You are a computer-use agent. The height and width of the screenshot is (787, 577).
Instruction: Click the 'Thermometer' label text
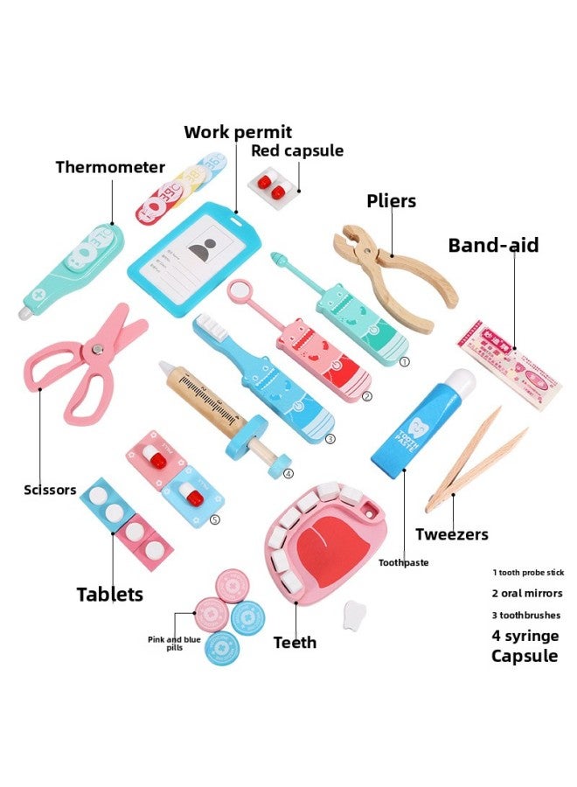(110, 167)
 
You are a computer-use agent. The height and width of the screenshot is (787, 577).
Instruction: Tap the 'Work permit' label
(238, 132)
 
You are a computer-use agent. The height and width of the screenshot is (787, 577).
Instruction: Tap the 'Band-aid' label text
(493, 245)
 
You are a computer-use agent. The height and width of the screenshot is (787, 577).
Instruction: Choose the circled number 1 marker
(404, 359)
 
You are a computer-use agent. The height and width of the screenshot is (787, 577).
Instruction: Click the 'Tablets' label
(110, 595)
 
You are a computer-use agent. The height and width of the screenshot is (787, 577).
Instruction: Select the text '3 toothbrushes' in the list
(527, 615)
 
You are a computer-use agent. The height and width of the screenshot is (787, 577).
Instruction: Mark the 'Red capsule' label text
(297, 150)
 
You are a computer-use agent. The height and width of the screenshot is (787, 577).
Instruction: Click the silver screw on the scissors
(97, 349)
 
